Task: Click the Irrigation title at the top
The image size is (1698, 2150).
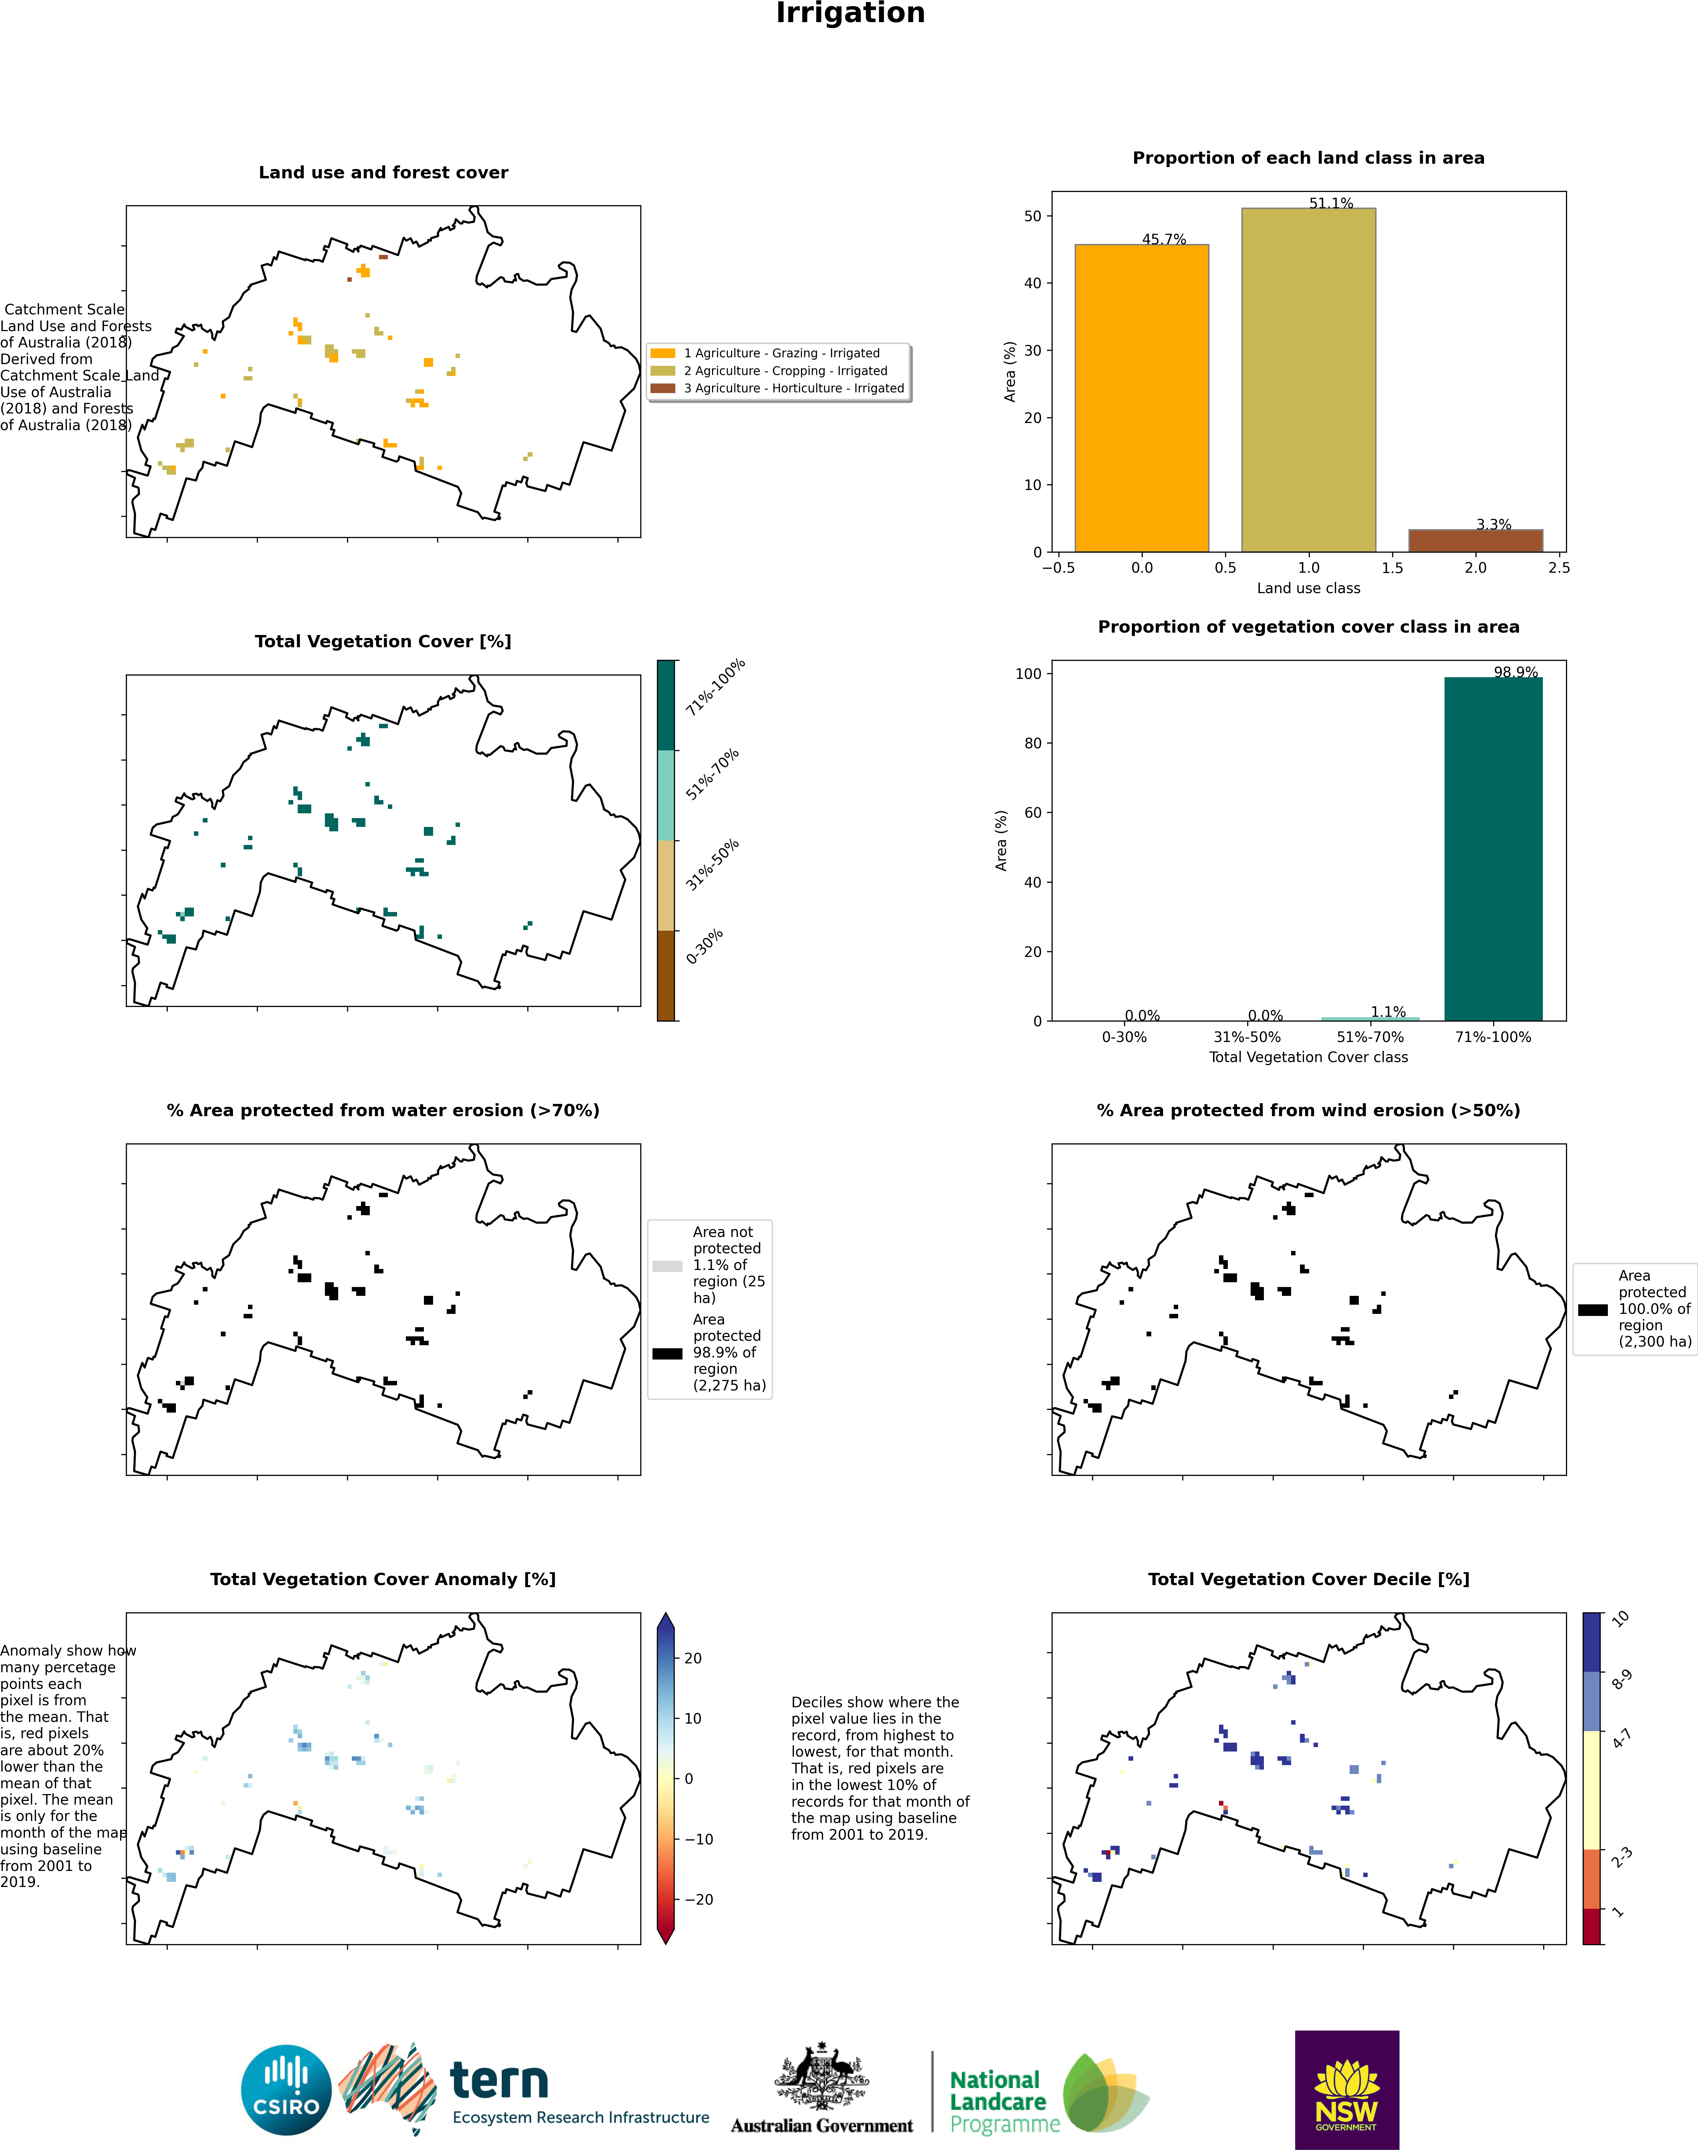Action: pyautogui.click(x=850, y=14)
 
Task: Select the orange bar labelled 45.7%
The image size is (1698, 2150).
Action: pyautogui.click(x=1141, y=398)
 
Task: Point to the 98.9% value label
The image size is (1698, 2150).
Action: pyautogui.click(x=1515, y=672)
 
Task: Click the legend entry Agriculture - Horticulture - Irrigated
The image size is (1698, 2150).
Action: pyautogui.click(x=793, y=388)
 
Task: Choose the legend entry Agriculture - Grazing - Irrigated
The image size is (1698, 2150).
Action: pyautogui.click(x=781, y=353)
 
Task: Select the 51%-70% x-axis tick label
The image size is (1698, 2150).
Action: pyautogui.click(x=1370, y=1036)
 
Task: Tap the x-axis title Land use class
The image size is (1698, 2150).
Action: pyautogui.click(x=1308, y=588)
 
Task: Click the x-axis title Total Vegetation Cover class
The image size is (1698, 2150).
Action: pyautogui.click(x=1308, y=1057)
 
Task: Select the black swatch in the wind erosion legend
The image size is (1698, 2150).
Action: pyautogui.click(x=1593, y=1310)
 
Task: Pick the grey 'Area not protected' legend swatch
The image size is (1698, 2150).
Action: pyautogui.click(x=667, y=1266)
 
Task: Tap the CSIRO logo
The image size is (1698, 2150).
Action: pyautogui.click(x=286, y=2089)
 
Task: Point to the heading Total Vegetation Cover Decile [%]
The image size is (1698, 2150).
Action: pyautogui.click(x=1308, y=1579)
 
